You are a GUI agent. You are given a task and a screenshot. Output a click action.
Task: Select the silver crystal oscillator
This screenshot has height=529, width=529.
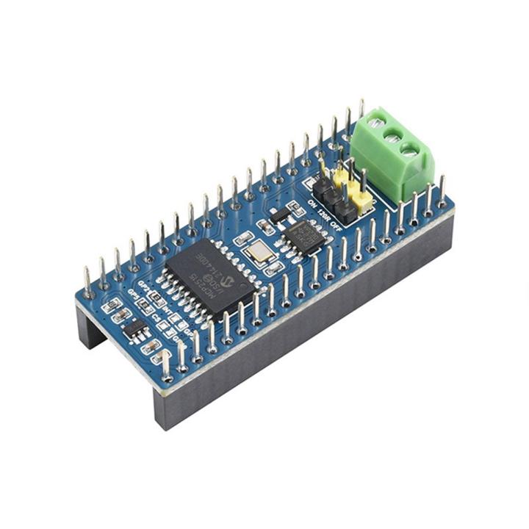258,253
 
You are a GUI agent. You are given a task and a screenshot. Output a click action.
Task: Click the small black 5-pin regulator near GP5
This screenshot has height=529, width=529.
134,330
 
